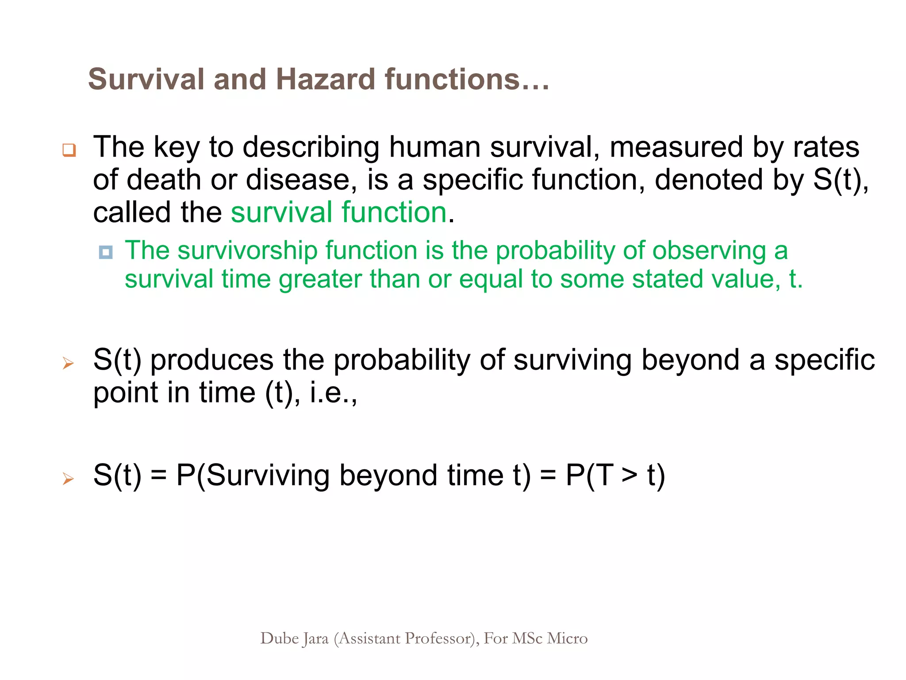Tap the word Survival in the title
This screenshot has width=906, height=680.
click(x=146, y=79)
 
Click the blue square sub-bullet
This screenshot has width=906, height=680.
click(x=106, y=252)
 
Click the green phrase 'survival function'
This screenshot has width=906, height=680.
click(x=339, y=212)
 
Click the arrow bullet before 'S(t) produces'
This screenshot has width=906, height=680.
click(x=68, y=363)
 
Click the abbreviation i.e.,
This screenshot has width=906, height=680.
click(x=333, y=393)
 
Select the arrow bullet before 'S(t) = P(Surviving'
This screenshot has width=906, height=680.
click(x=68, y=479)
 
